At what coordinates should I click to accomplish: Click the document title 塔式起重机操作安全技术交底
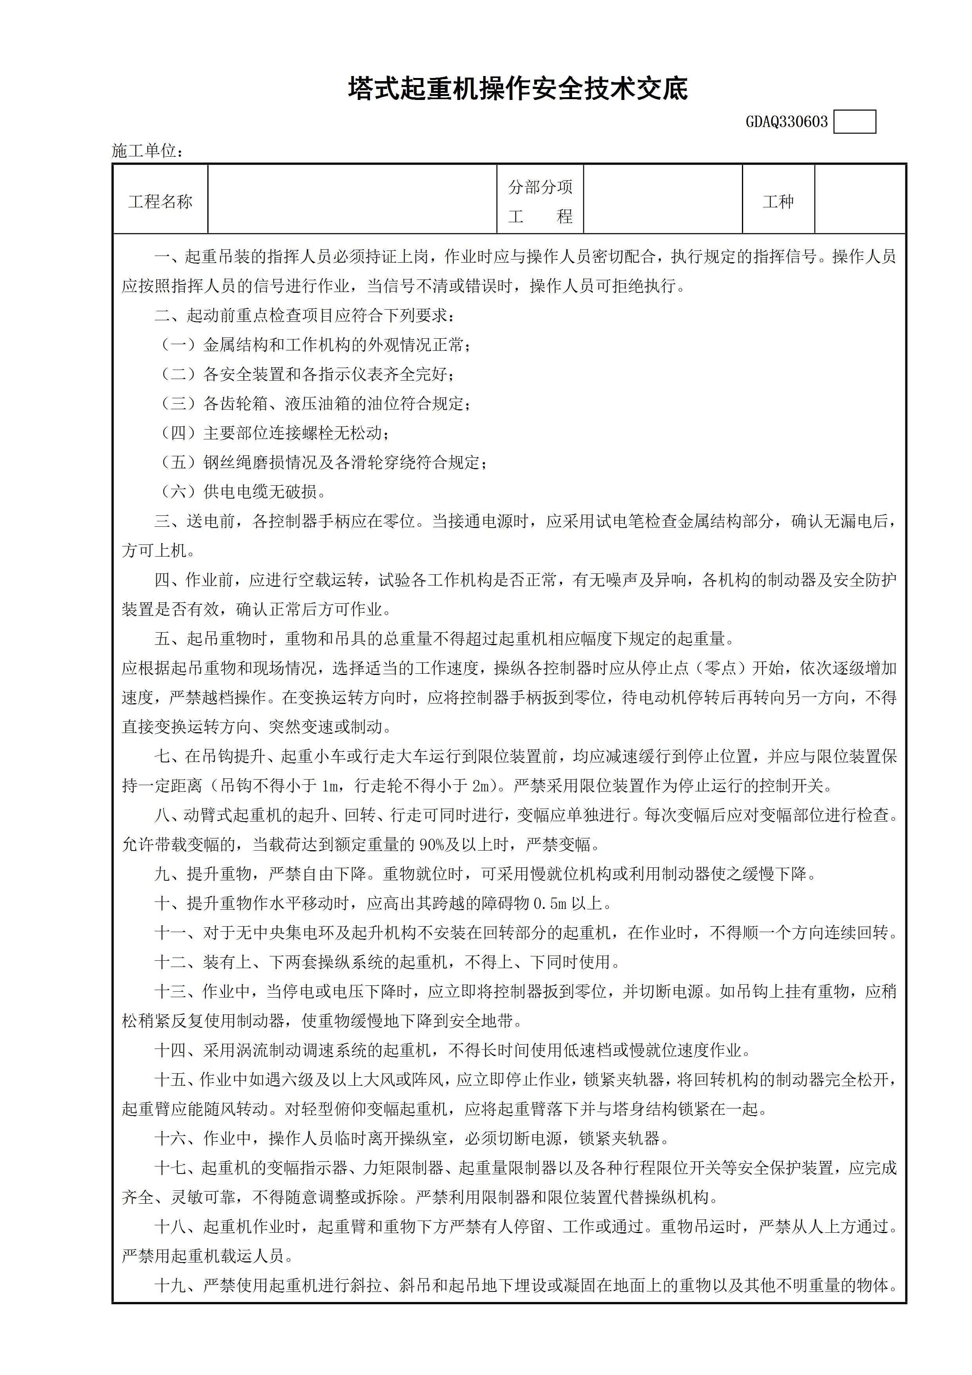tap(518, 89)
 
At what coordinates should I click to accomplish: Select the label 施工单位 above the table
tap(147, 151)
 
